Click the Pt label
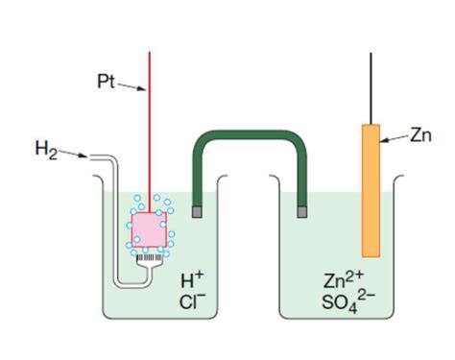[x=107, y=82]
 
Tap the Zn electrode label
[x=419, y=135]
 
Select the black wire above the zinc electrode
[x=371, y=86]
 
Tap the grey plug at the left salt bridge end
[x=198, y=209]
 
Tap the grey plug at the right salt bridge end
[x=303, y=209]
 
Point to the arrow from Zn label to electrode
[x=395, y=140]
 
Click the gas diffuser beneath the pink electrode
[x=148, y=258]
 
